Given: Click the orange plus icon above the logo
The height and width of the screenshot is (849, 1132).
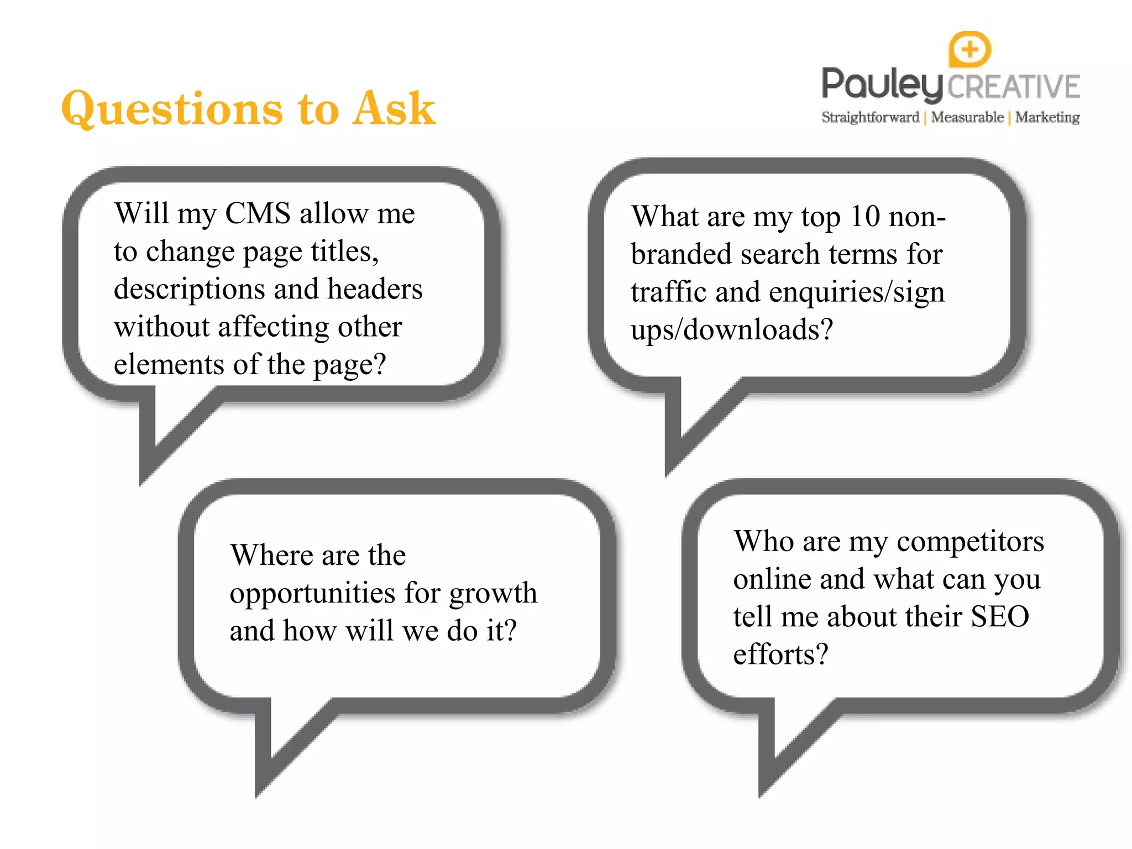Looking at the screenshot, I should pos(969,49).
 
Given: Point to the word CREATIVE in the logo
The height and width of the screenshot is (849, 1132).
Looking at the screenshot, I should pos(1014,87).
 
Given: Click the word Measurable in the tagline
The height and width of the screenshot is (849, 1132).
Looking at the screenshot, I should pos(967,117).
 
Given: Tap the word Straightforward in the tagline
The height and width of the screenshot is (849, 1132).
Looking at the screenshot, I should pos(870,117).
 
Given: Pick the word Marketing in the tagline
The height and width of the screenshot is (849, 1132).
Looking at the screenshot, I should pos(1047,117).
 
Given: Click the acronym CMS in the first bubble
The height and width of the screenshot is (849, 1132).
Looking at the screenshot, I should pos(258,213).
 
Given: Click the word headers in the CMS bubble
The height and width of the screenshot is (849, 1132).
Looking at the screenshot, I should pos(375,289).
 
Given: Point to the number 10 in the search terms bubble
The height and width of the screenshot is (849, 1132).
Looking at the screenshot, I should pos(864,216).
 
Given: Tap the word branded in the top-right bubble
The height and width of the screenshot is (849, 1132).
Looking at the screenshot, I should pos(682,254).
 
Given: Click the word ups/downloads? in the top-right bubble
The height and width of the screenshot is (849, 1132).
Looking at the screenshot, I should pos(731,330).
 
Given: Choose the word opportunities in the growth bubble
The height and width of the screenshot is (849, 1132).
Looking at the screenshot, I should pos(313,594).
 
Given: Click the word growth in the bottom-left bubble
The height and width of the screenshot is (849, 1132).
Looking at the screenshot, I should pos(493,594).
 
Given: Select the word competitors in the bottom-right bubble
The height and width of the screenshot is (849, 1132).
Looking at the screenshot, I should pos(970,541).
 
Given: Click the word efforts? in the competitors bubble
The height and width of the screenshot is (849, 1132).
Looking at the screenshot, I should pos(780,654).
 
